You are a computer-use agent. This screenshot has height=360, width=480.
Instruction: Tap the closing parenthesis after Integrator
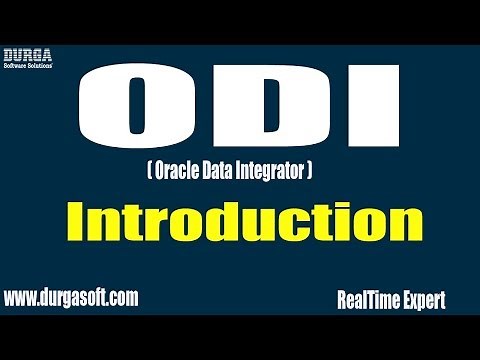pyautogui.click(x=313, y=174)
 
